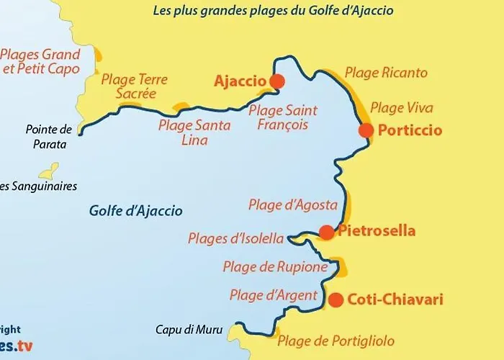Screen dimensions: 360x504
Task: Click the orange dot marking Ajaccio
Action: pyautogui.click(x=276, y=81)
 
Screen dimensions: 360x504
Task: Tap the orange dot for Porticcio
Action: pyautogui.click(x=366, y=130)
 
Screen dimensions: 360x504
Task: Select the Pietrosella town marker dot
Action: pyautogui.click(x=326, y=232)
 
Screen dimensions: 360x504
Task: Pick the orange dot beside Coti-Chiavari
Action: pyautogui.click(x=336, y=300)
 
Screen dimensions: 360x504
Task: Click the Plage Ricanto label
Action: pyautogui.click(x=386, y=73)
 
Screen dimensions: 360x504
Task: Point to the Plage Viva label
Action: pyautogui.click(x=401, y=108)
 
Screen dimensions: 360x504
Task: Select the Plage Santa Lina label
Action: pyautogui.click(x=194, y=132)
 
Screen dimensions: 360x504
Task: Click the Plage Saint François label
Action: pyautogui.click(x=282, y=117)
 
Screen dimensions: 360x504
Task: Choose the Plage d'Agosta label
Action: pyautogui.click(x=284, y=204)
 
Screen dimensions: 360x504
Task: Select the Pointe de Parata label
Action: pyautogui.click(x=49, y=137)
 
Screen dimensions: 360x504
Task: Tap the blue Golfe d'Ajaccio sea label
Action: pyautogui.click(x=136, y=211)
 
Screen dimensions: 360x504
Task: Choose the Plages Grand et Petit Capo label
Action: pyautogui.click(x=40, y=62)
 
